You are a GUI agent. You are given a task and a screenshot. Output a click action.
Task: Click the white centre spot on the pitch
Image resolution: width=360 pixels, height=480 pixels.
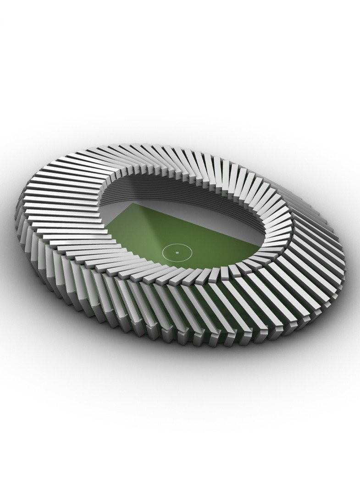177,252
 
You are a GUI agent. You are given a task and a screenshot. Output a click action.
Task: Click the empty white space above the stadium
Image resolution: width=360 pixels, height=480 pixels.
183,69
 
